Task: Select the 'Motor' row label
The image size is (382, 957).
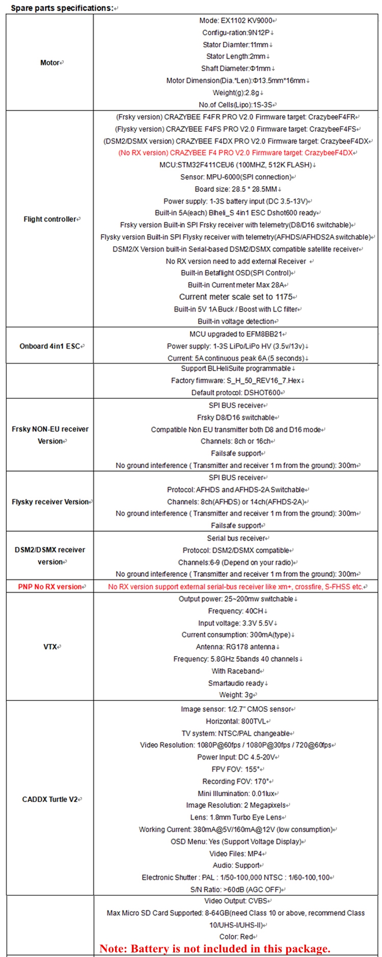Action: [x=50, y=63]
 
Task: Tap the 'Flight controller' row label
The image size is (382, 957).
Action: [x=50, y=219]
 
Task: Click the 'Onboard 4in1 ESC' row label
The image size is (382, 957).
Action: [x=50, y=346]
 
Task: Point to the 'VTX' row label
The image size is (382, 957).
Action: [x=50, y=646]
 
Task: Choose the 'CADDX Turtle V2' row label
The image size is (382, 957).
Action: [x=50, y=799]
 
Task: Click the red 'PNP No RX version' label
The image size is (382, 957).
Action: [x=50, y=586]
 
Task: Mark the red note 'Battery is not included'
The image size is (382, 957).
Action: [x=215, y=948]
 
